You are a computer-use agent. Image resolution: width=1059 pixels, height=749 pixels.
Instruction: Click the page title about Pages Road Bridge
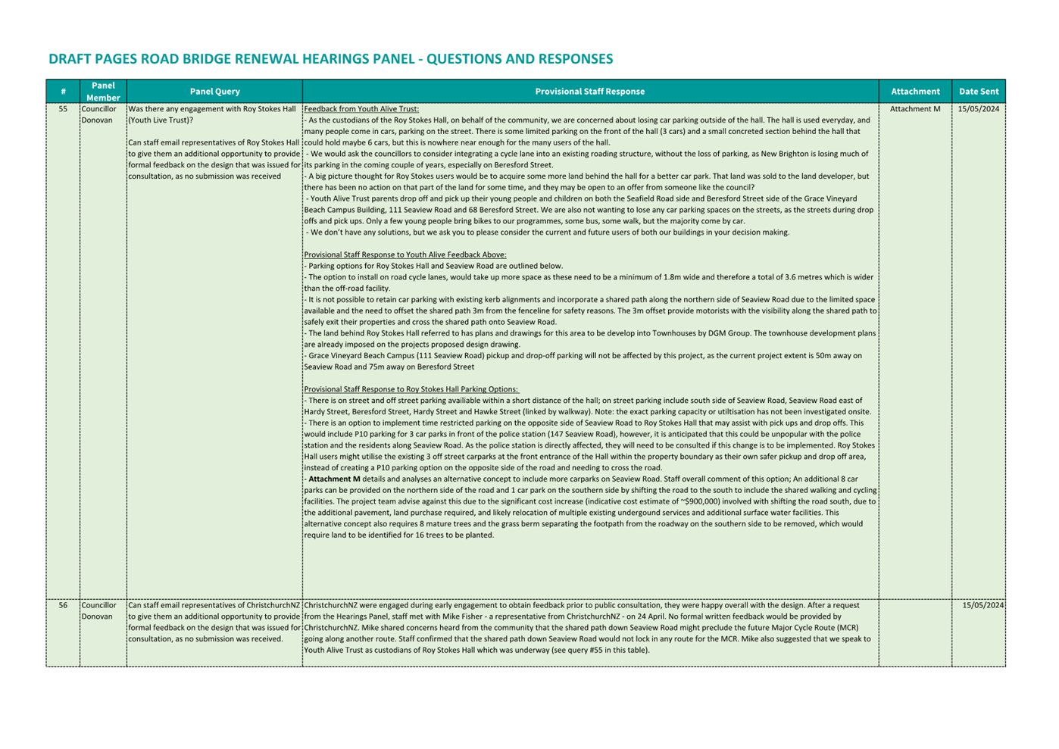[x=330, y=59]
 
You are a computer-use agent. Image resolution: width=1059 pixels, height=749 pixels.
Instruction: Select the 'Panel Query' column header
[x=214, y=92]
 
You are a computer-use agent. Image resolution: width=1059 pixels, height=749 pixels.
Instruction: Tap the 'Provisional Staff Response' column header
[x=589, y=92]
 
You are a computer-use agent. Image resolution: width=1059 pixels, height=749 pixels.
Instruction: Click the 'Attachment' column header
[x=914, y=92]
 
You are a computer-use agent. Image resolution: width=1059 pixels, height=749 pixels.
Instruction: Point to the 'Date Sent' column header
[x=978, y=92]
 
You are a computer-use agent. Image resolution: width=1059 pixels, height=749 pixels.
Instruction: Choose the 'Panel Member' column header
[x=103, y=92]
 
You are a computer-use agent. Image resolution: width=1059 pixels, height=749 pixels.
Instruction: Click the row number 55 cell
[x=63, y=109]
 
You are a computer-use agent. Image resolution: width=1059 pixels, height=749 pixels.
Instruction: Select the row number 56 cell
[x=63, y=606]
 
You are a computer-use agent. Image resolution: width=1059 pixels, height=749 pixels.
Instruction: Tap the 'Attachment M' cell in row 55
[x=914, y=109]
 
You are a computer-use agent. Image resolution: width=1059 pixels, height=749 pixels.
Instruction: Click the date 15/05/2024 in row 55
[x=978, y=109]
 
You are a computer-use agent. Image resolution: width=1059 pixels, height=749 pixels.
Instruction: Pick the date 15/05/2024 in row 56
[x=982, y=606]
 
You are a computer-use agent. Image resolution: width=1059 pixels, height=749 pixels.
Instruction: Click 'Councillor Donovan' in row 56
[x=98, y=611]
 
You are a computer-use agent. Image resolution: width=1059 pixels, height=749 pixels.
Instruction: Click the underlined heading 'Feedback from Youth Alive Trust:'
[x=361, y=109]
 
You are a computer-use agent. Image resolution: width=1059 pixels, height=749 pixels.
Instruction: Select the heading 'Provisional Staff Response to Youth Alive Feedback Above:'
[x=405, y=255]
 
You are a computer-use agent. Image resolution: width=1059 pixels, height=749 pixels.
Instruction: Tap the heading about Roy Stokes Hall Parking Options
[x=411, y=389]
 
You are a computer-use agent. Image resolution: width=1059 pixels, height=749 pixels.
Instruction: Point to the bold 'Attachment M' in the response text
[x=334, y=479]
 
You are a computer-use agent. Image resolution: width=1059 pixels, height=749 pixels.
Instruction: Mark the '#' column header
[x=63, y=92]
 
